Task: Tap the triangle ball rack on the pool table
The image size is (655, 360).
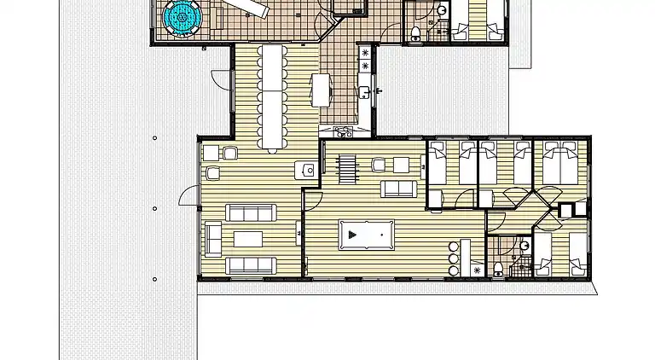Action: pyautogui.click(x=353, y=232)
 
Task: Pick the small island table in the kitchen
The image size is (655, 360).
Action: pyautogui.click(x=322, y=89)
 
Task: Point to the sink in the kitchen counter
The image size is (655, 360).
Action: pyautogui.click(x=365, y=87)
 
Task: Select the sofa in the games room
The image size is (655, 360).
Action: pyautogui.click(x=398, y=188)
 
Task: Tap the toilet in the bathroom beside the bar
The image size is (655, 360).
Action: pyautogui.click(x=497, y=270)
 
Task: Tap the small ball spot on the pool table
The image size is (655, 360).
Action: pyautogui.click(x=382, y=232)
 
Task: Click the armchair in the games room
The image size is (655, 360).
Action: pyautogui.click(x=379, y=165)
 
